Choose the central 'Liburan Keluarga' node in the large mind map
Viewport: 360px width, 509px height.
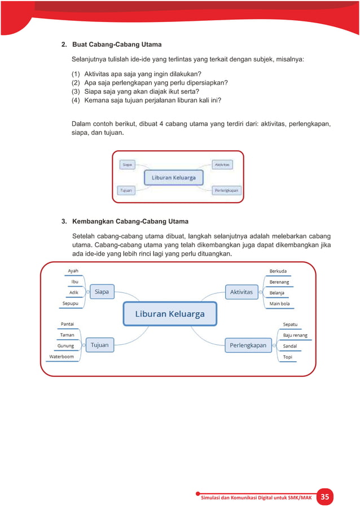click(x=169, y=314)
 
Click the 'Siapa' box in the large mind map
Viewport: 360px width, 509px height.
click(x=102, y=292)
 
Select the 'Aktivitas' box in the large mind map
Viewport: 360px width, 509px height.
click(x=242, y=292)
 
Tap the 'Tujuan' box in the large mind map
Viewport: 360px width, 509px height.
click(x=100, y=345)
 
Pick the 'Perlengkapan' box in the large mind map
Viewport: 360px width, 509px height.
click(x=248, y=345)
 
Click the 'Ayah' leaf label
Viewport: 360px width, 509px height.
click(x=73, y=271)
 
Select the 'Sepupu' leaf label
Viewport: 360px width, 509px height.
click(x=71, y=304)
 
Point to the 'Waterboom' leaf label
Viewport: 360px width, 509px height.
click(x=62, y=357)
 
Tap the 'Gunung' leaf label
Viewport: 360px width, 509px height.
click(x=66, y=346)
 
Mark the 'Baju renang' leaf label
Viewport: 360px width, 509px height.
click(x=295, y=335)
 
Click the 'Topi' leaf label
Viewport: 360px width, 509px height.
click(x=287, y=357)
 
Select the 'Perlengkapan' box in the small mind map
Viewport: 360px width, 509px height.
click(x=226, y=191)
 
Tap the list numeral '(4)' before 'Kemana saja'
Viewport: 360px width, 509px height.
click(x=76, y=100)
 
